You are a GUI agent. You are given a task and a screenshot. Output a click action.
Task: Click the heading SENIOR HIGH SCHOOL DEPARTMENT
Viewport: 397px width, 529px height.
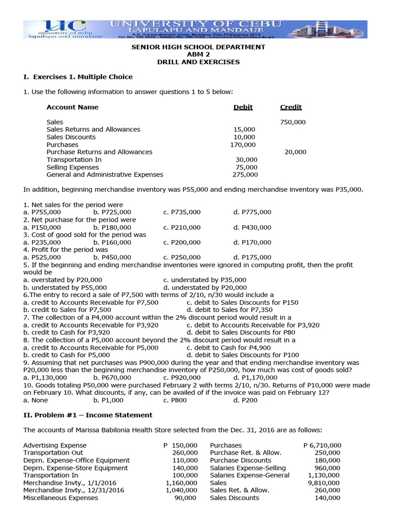pos(198,47)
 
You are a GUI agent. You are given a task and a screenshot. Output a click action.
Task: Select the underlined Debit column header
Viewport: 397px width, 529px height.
pos(243,107)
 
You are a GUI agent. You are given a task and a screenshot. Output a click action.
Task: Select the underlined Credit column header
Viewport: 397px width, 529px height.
pos(291,107)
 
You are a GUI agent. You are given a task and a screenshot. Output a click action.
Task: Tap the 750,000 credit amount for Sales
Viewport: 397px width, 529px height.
pos(293,122)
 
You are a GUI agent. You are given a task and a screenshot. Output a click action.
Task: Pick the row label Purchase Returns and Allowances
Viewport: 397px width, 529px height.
pos(99,152)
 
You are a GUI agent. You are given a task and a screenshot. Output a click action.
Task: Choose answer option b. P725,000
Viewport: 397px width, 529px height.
pos(112,212)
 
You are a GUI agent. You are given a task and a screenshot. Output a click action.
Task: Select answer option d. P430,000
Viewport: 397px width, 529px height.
pos(252,227)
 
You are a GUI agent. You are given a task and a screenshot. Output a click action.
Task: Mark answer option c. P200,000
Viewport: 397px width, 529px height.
pos(182,242)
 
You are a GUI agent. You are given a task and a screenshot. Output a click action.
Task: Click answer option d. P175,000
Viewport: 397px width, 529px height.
pos(252,257)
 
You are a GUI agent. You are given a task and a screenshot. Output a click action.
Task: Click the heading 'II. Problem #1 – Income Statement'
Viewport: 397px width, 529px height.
pos(88,415)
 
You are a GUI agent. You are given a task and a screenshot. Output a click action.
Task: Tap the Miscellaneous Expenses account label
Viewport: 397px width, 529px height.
pos(60,498)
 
